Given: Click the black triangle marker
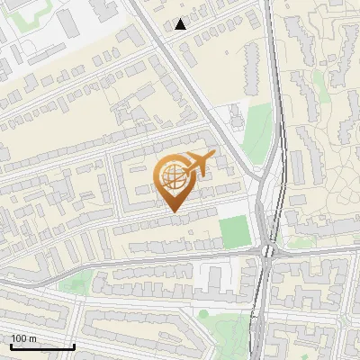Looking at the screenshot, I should (181, 24).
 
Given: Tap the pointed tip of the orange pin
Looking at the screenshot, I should (174, 211).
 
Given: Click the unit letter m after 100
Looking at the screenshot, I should (34, 338).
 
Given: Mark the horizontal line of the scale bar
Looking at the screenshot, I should (42, 346).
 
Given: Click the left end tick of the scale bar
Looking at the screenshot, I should (11, 344).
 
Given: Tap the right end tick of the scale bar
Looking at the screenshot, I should (74, 344).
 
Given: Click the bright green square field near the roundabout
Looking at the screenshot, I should (235, 231).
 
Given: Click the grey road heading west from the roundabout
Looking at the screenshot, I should (180, 258).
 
